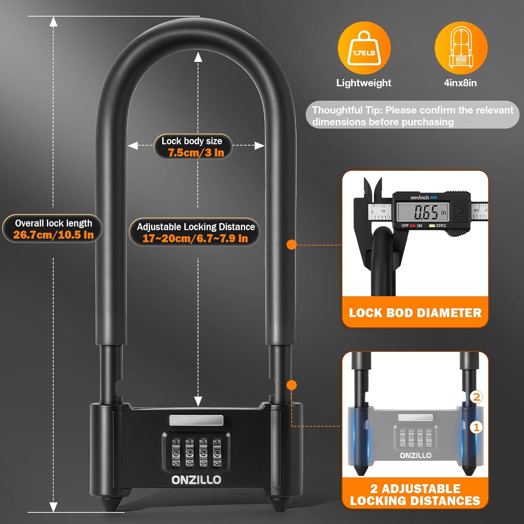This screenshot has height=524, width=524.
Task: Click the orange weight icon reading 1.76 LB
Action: coord(364,48)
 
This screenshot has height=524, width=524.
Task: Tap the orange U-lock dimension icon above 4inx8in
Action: coord(461,48)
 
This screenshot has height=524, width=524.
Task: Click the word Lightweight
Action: coord(364,83)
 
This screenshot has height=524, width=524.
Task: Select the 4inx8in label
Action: coord(460,83)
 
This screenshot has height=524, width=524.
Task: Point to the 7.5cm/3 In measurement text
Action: coord(196,153)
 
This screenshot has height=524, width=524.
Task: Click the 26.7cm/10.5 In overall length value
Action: coord(53,235)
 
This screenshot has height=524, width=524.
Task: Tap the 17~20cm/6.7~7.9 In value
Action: coord(195,239)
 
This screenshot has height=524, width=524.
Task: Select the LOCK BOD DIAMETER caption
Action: coord(415,313)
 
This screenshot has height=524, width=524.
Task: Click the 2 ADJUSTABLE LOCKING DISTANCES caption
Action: coord(415,495)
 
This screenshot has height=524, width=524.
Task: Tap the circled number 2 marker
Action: coord(476,397)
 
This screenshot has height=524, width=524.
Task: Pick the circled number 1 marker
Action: coord(476,427)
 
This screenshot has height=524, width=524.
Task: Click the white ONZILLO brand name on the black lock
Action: coord(196,480)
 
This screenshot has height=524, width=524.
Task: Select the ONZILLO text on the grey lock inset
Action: coord(416,456)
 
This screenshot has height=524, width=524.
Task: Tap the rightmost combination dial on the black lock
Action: coord(217,453)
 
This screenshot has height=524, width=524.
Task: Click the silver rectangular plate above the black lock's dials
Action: coord(196,420)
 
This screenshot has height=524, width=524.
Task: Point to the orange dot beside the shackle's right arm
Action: coord(291,245)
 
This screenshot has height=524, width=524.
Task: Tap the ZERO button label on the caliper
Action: coord(441,226)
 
